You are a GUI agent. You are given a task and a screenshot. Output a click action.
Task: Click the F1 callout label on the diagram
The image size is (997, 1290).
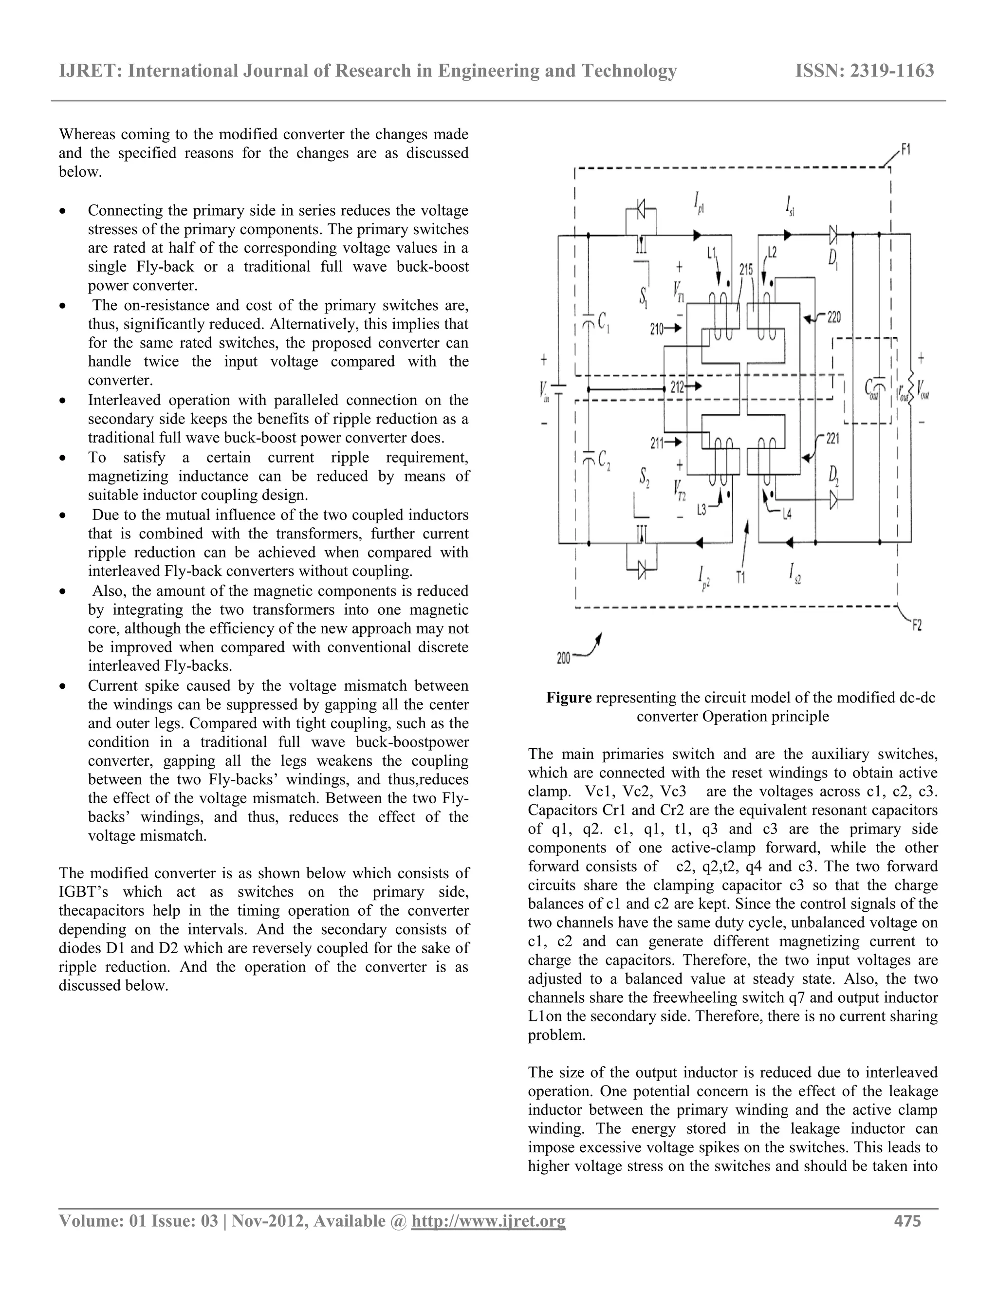pos(905,150)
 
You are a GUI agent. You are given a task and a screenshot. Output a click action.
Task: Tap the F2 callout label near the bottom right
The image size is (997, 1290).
pos(916,625)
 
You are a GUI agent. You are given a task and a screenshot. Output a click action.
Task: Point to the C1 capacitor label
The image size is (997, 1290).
pos(604,322)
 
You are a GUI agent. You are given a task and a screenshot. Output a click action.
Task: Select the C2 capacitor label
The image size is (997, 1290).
pos(604,460)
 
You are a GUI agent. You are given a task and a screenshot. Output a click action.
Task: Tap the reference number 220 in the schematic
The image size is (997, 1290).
pos(833,318)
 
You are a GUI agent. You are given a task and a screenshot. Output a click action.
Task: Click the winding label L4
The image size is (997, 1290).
pos(787,515)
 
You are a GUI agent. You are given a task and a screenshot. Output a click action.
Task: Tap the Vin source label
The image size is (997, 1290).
pos(543,390)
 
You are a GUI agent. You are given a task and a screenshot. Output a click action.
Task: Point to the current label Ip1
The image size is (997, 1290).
pos(700,205)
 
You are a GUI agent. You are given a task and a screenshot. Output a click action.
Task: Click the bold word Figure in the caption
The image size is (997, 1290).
pos(568,698)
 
